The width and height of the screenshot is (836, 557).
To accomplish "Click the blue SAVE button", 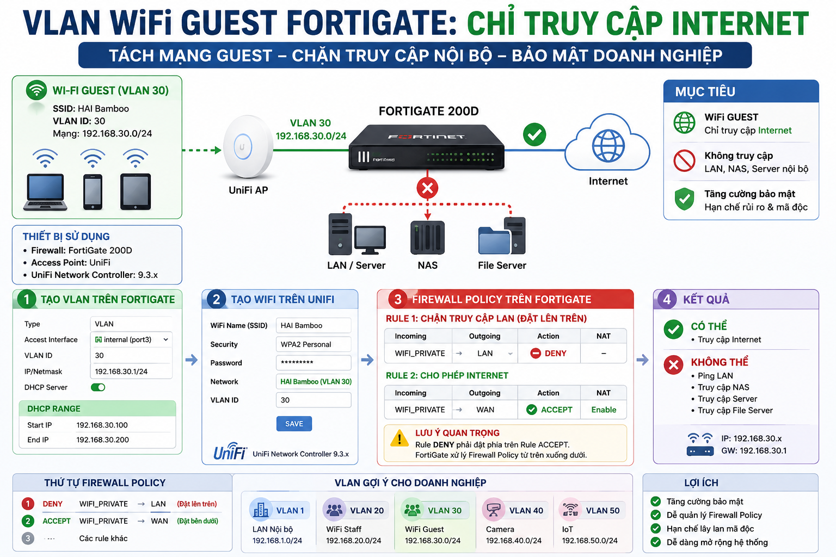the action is pyautogui.click(x=294, y=424).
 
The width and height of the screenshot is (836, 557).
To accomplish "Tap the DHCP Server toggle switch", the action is pyautogui.click(x=98, y=387).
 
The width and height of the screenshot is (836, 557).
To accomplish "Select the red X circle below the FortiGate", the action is pyautogui.click(x=427, y=188).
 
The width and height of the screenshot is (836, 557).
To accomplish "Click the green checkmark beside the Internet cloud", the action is pyautogui.click(x=534, y=135).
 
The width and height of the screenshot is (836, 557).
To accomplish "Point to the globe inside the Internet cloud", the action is pyautogui.click(x=608, y=146).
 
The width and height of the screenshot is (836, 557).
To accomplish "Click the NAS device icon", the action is pyautogui.click(x=427, y=237).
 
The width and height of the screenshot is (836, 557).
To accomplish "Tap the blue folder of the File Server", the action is pyautogui.click(x=494, y=240).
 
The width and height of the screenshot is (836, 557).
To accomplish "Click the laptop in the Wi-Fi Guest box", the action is pyautogui.click(x=46, y=192).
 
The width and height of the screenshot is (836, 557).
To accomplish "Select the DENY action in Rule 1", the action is pyautogui.click(x=548, y=354).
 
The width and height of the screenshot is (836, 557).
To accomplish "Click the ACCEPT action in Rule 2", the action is pyautogui.click(x=549, y=410).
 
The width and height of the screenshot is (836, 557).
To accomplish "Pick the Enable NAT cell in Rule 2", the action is pyautogui.click(x=604, y=410).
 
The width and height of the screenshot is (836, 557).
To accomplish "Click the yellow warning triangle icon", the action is pyautogui.click(x=399, y=438).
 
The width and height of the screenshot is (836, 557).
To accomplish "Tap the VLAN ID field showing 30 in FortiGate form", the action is pyautogui.click(x=131, y=356).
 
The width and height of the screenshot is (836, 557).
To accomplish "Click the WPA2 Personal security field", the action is pyautogui.click(x=313, y=344).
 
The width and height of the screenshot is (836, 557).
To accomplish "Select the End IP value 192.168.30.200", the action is pyautogui.click(x=103, y=440).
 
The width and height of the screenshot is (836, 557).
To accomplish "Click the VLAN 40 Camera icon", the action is pyautogui.click(x=494, y=510).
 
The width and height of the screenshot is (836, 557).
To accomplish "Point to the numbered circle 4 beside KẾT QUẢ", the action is pyautogui.click(x=667, y=299).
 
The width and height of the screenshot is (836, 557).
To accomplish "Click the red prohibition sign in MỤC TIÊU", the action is pyautogui.click(x=684, y=161).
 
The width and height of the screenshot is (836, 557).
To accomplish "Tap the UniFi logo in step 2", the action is pyautogui.click(x=230, y=451).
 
